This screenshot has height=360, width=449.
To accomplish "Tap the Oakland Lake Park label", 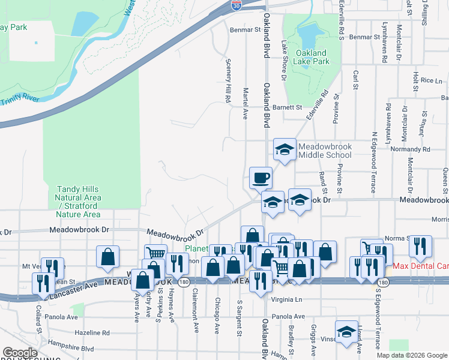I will (312, 57).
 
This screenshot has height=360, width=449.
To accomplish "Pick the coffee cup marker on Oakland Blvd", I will (261, 177).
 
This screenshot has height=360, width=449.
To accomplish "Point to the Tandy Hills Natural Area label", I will (78, 202).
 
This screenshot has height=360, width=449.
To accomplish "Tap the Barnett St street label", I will (287, 107).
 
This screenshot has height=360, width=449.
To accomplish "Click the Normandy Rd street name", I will (410, 149).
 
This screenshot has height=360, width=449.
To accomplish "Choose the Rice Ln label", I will (431, 80).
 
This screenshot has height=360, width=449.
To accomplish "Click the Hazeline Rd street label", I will (92, 332).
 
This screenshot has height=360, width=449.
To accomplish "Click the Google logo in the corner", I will (20, 353).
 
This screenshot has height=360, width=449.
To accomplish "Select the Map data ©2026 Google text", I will (411, 355).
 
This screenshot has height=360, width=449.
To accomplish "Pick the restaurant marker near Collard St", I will (43, 283).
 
